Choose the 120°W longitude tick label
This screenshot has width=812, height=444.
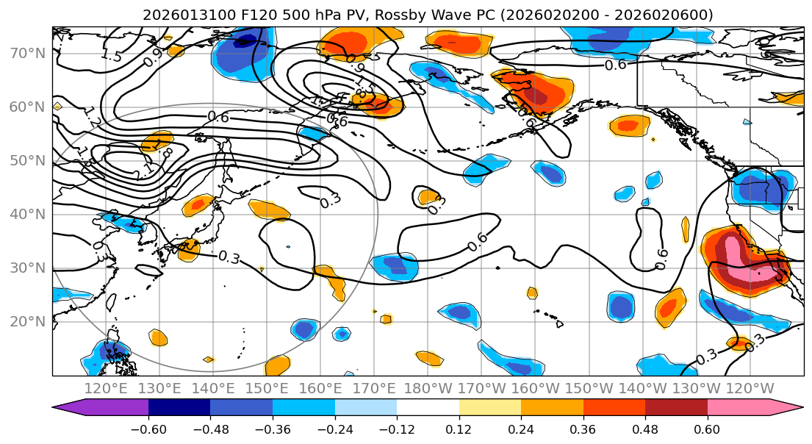[750, 388]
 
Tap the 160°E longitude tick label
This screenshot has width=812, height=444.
[320, 388]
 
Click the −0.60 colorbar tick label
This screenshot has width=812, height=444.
[148, 429]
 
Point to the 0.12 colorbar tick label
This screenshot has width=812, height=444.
[459, 429]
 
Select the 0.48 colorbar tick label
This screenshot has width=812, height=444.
[645, 429]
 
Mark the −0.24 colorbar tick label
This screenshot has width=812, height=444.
[334, 429]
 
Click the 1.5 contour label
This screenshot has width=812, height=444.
[111, 56]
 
